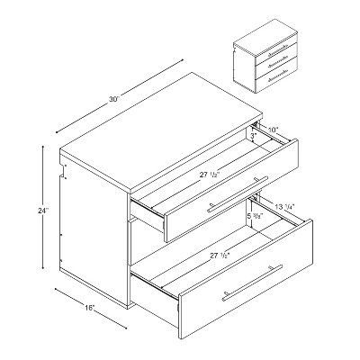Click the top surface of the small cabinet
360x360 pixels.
coord(266,33)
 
